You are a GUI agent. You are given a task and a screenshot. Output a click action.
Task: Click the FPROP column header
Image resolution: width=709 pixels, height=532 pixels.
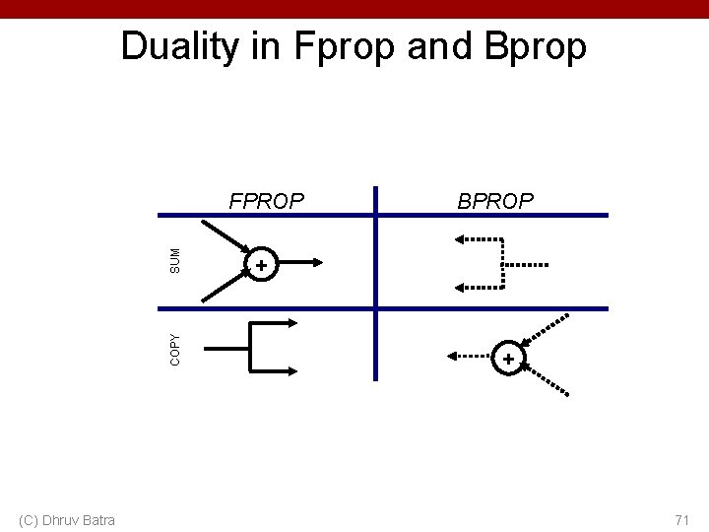[x=267, y=201]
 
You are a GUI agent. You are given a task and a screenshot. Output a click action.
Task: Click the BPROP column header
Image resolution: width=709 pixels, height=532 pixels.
[x=495, y=201]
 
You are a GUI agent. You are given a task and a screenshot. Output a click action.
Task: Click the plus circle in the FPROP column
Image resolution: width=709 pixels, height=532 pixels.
[x=261, y=265]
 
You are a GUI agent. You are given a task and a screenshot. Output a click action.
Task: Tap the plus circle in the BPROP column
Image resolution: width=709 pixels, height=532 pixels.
[x=508, y=360]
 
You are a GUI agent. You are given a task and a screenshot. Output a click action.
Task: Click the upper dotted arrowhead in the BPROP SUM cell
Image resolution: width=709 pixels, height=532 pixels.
[x=459, y=238]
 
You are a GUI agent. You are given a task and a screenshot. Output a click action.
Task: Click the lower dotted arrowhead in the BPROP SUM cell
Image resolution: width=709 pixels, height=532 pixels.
[x=459, y=287]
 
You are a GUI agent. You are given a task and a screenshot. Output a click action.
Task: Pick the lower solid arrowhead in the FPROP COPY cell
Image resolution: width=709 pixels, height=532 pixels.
[x=295, y=370]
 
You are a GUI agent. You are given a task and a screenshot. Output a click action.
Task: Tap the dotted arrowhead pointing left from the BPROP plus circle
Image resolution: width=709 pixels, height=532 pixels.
[x=454, y=356]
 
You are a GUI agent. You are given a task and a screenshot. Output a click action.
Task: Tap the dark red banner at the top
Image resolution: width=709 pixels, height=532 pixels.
[x=354, y=8]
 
